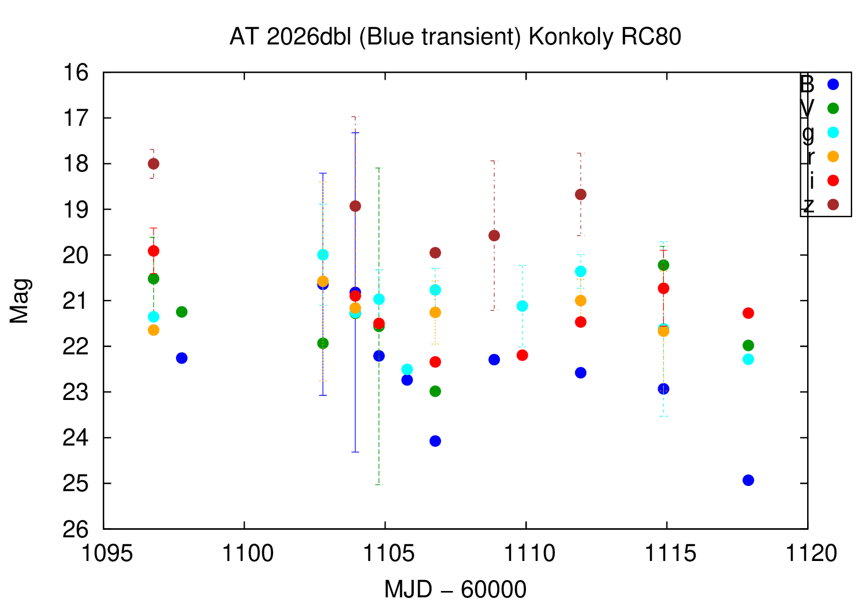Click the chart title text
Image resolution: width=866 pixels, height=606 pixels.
(x=455, y=37)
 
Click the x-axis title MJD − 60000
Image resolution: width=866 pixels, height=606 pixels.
(x=455, y=590)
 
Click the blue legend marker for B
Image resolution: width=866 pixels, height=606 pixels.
(x=833, y=84)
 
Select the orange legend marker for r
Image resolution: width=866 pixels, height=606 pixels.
(x=833, y=156)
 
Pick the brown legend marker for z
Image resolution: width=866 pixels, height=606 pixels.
(x=833, y=205)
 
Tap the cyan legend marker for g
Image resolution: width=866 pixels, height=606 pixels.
(x=833, y=132)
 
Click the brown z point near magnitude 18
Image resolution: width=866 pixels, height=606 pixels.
(x=154, y=164)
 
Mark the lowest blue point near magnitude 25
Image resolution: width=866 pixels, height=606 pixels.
(x=748, y=480)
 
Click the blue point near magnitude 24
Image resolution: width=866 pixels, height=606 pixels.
(x=435, y=441)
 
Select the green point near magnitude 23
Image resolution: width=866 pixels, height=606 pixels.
(x=435, y=391)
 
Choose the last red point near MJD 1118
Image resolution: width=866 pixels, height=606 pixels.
(x=748, y=313)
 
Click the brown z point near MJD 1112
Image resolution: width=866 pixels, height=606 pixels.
(x=581, y=194)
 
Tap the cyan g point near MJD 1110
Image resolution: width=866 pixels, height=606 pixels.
(x=522, y=306)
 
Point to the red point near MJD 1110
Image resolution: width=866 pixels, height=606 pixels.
(x=522, y=355)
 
